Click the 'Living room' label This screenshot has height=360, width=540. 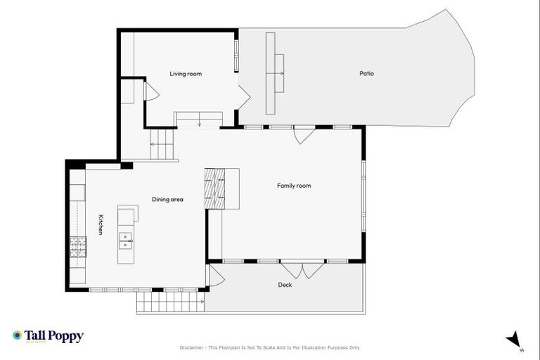tap(186, 73)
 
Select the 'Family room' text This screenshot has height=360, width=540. tap(293, 186)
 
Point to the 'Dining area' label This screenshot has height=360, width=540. tap(167, 200)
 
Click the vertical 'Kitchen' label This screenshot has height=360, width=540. tap(101, 224)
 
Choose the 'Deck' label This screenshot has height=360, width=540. tap(285, 285)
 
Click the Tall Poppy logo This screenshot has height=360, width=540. tap(48, 336)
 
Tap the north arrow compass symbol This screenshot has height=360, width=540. tap(514, 339)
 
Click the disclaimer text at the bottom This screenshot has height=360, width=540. tap(270, 347)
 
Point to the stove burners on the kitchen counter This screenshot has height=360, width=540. tap(77, 247)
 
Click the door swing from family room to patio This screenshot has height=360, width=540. tap(304, 135)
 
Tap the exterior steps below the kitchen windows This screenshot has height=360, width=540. tap(170, 302)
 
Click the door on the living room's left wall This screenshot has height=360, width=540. tap(150, 91)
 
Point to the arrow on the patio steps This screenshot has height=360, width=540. tap(280, 73)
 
